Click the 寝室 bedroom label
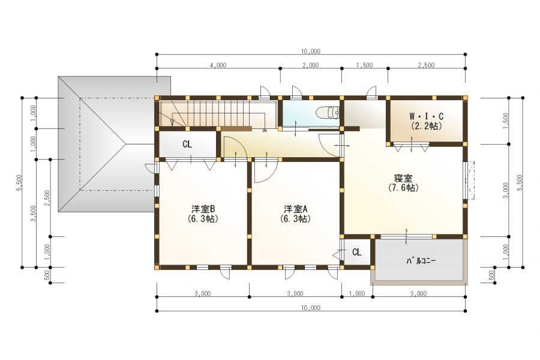coord(403,178)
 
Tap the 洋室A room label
coord(295,209)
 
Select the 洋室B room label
coord(203,209)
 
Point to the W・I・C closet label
coord(427,116)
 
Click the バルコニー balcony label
coord(421,261)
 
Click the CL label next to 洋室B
coord(187,145)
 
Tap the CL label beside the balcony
coord(357,252)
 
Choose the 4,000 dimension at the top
coord(218,65)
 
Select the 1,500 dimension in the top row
coord(365,65)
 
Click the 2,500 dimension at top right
coord(427,65)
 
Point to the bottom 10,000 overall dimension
coord(311,308)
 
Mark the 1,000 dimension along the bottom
coord(357,293)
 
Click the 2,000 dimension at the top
coord(311,65)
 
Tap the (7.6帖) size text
coord(403,188)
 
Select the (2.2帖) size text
coord(427,126)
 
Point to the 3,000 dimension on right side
coord(506,190)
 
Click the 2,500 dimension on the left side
coord(47,198)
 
